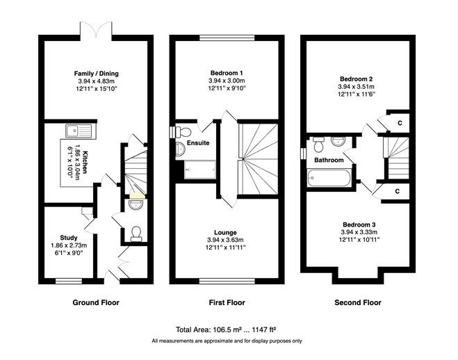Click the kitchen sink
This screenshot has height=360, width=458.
(x=79, y=131)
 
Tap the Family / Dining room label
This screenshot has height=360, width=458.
(x=97, y=74)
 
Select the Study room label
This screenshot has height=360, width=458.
(x=69, y=238)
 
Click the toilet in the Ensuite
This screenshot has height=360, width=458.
(x=183, y=131)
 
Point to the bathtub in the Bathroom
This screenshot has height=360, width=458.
(x=329, y=178)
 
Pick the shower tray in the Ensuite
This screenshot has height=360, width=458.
(x=200, y=170)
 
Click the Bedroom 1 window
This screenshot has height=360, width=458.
(x=227, y=38)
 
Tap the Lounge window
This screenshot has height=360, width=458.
(x=227, y=281)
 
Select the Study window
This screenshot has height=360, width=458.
(x=69, y=281)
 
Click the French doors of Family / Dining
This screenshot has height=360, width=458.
(x=96, y=30)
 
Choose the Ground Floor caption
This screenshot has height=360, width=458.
(x=96, y=302)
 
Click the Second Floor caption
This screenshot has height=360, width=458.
(x=358, y=302)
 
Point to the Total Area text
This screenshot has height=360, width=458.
(x=227, y=329)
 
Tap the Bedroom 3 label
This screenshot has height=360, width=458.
(x=359, y=224)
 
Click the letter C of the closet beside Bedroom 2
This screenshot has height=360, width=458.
(x=400, y=123)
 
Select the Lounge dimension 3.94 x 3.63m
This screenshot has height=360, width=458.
(x=225, y=240)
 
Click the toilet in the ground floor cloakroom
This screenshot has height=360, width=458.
(x=136, y=234)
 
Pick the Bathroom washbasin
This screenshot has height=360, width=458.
(x=338, y=141)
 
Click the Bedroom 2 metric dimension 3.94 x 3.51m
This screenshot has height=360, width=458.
(x=356, y=86)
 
